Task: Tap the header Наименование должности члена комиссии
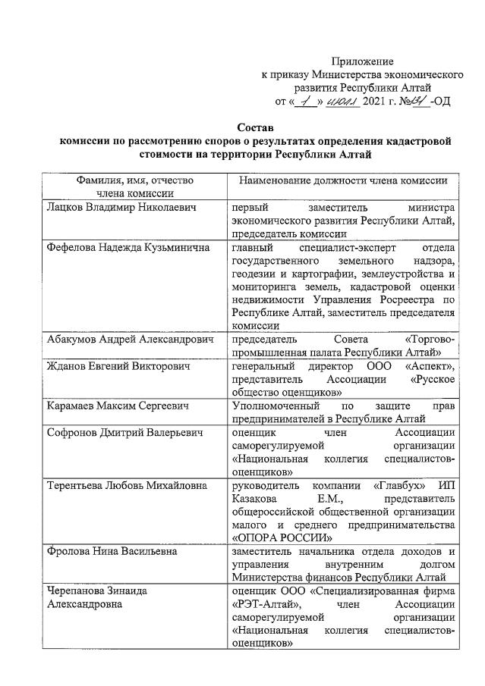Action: (343, 180)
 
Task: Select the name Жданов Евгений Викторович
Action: (117, 366)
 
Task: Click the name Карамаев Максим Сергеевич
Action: (117, 407)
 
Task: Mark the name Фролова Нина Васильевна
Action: (112, 551)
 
